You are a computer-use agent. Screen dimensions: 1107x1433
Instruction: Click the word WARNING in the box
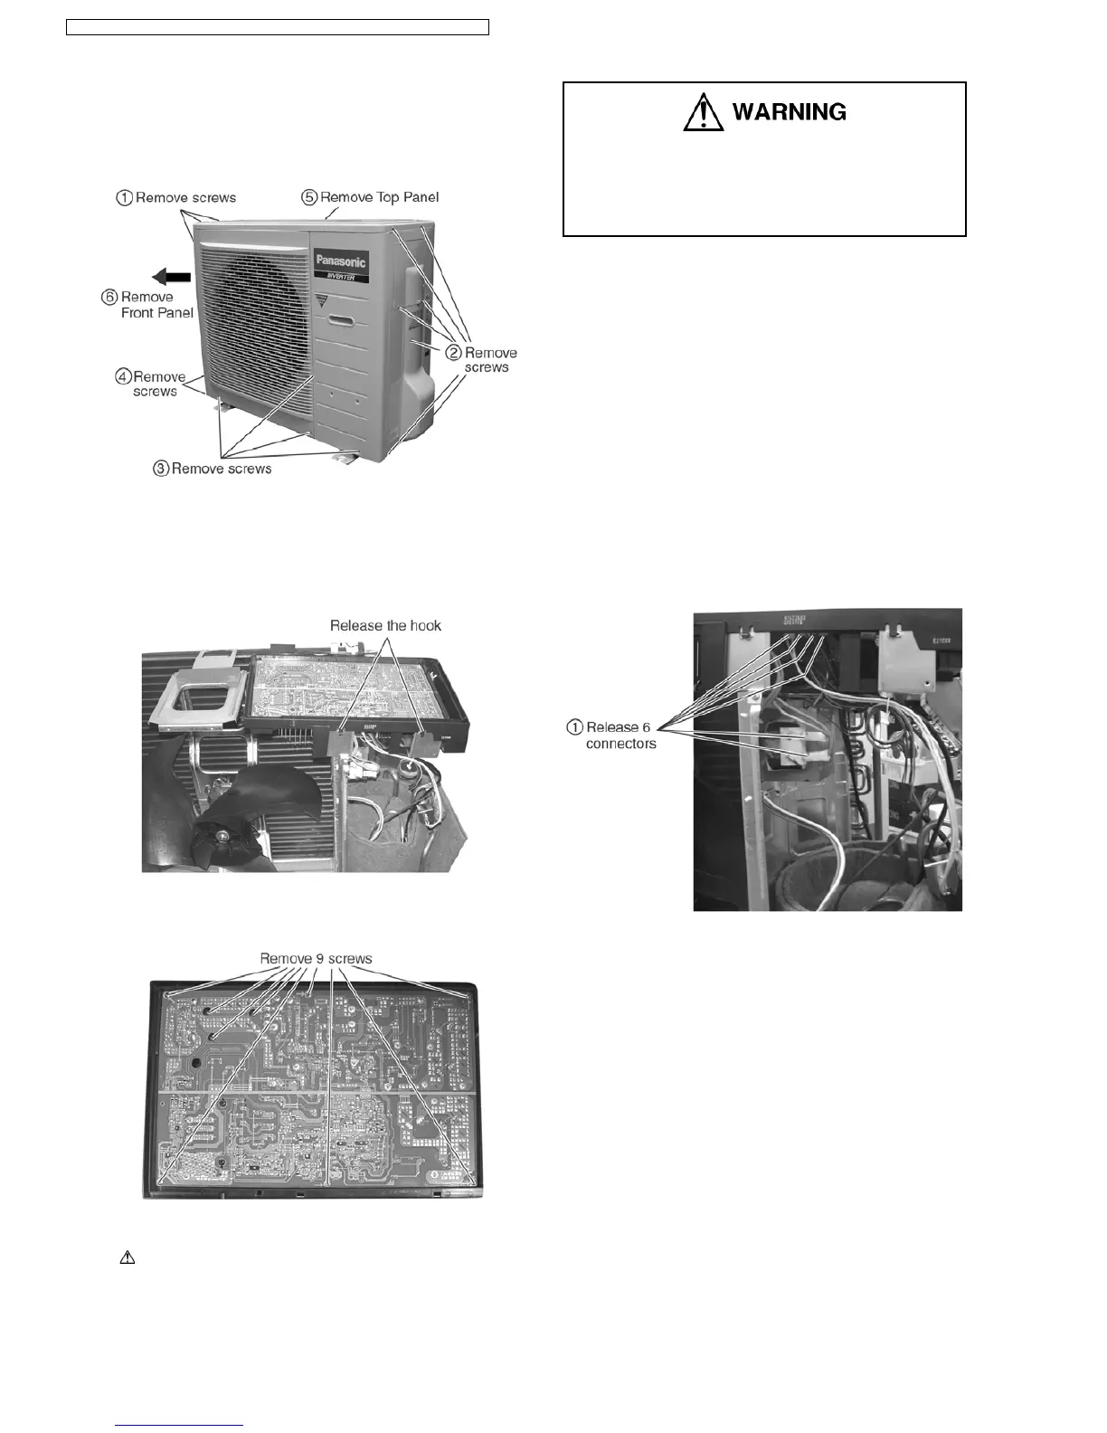(x=789, y=112)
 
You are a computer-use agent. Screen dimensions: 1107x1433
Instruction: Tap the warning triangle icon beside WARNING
(x=703, y=113)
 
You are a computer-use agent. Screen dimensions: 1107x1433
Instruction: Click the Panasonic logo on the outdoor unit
(x=341, y=262)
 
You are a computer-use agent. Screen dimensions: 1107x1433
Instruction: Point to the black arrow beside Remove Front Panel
(x=171, y=277)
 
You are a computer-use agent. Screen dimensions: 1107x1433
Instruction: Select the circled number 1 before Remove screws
(x=124, y=198)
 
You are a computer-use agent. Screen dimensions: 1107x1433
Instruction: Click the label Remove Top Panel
(x=379, y=197)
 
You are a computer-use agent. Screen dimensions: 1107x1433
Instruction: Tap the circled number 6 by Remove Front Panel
(x=109, y=298)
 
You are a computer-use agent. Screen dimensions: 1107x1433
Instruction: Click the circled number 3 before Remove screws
(x=161, y=469)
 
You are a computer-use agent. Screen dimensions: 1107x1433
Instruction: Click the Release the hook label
(x=385, y=625)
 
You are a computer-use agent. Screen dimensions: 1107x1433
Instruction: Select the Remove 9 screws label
(x=316, y=959)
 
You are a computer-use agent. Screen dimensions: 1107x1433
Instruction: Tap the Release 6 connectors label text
(x=620, y=735)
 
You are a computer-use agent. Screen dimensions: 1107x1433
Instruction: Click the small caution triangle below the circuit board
(x=128, y=1257)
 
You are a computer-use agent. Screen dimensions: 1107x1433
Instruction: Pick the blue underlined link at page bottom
(x=180, y=1425)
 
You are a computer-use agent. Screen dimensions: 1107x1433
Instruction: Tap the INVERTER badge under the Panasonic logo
(x=339, y=278)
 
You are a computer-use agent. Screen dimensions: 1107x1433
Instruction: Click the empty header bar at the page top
(x=278, y=27)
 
